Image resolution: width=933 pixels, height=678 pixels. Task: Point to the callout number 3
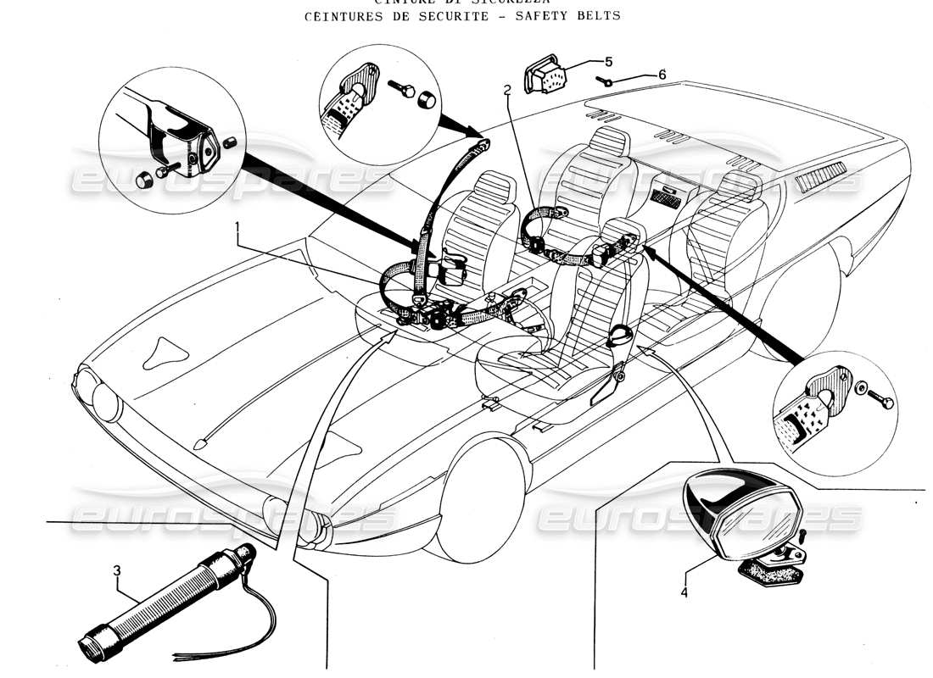click(117, 570)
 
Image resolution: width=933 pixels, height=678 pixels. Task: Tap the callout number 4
click(684, 592)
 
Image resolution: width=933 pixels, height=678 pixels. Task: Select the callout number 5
click(607, 62)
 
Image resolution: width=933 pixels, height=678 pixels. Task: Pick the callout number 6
click(662, 75)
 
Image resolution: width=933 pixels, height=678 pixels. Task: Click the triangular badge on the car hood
click(165, 350)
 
